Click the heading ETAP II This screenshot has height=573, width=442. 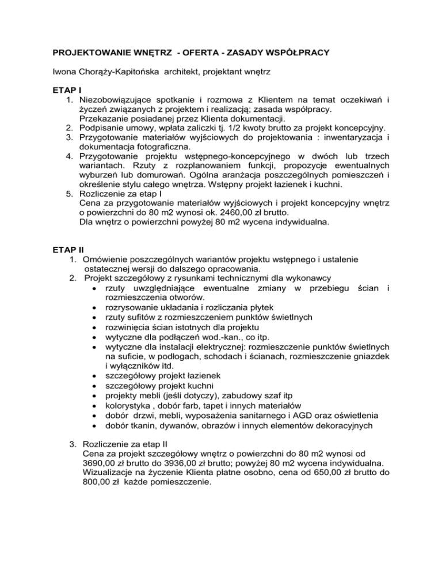pyautogui.click(x=65, y=250)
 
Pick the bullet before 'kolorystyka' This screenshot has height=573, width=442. pyautogui.click(x=94, y=405)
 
